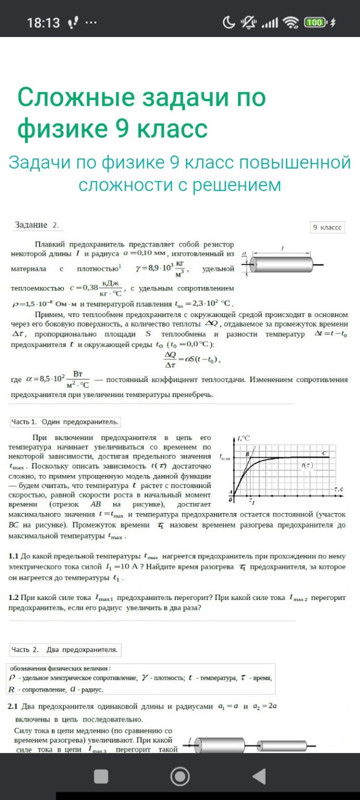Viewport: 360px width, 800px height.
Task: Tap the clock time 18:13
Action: click(43, 23)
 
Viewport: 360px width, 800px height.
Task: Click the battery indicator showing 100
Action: click(315, 22)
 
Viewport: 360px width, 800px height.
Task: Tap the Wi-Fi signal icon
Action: click(290, 22)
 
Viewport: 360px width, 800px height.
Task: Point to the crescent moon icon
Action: click(229, 22)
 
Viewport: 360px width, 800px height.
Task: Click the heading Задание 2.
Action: click(37, 225)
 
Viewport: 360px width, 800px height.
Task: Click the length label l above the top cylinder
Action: click(282, 248)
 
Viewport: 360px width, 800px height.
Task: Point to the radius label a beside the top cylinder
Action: click(244, 254)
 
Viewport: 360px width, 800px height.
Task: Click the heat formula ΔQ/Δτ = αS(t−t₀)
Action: click(193, 359)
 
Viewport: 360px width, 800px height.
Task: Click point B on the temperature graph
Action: click(248, 454)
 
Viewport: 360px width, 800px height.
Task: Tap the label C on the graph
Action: click(324, 453)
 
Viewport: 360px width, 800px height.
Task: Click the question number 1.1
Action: click(14, 556)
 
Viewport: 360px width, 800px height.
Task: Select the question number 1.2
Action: click(14, 597)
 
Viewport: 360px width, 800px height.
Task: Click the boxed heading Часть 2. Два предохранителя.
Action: click(66, 649)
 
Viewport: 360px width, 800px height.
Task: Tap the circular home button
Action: click(180, 777)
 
